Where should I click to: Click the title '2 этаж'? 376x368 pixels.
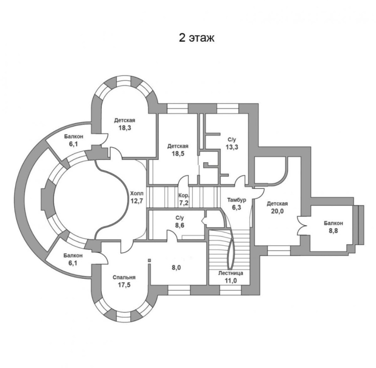tap(196, 38)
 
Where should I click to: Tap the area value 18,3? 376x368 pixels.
tap(125, 128)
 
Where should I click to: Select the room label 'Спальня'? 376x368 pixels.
tap(124, 277)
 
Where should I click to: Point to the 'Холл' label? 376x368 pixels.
tap(137, 193)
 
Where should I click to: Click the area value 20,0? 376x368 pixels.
tap(277, 211)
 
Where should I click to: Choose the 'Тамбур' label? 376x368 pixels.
tap(236, 200)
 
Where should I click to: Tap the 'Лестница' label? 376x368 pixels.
tap(231, 273)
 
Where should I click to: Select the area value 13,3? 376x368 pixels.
tap(232, 147)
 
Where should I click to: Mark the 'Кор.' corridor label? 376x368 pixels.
tap(184, 195)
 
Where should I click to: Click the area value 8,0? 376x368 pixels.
tap(176, 267)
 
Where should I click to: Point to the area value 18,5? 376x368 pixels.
tap(178, 154)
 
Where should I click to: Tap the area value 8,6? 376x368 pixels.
tap(180, 226)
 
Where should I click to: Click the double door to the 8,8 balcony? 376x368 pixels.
tap(303, 226)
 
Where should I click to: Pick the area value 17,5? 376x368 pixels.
tap(124, 285)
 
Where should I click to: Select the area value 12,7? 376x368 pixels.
tap(137, 201)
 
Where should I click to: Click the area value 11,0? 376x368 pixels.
tap(231, 281)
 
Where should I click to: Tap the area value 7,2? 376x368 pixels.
tap(184, 203)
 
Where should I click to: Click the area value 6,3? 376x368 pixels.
tap(236, 208)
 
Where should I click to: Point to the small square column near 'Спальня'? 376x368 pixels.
tap(149, 260)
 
